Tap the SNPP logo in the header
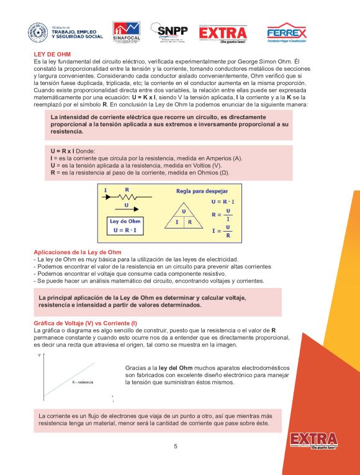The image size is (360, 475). pyautogui.click(x=171, y=32)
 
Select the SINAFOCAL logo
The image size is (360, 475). pyautogui.click(x=126, y=33)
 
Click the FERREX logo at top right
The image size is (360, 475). pyautogui.click(x=286, y=33)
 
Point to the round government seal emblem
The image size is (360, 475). pyautogui.click(x=38, y=33)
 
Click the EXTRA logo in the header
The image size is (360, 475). pyautogui.click(x=223, y=33)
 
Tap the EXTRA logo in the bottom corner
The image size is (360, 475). pyautogui.click(x=313, y=440)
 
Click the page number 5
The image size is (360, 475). pyautogui.click(x=176, y=446)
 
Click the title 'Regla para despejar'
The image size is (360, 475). pyautogui.click(x=202, y=191)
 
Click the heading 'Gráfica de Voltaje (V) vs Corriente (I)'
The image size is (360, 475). pyautogui.click(x=85, y=323)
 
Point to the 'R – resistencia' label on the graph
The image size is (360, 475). pyautogui.click(x=83, y=382)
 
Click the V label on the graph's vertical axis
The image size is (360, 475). pyautogui.click(x=40, y=356)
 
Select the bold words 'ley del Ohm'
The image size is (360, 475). pyautogui.click(x=177, y=368)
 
